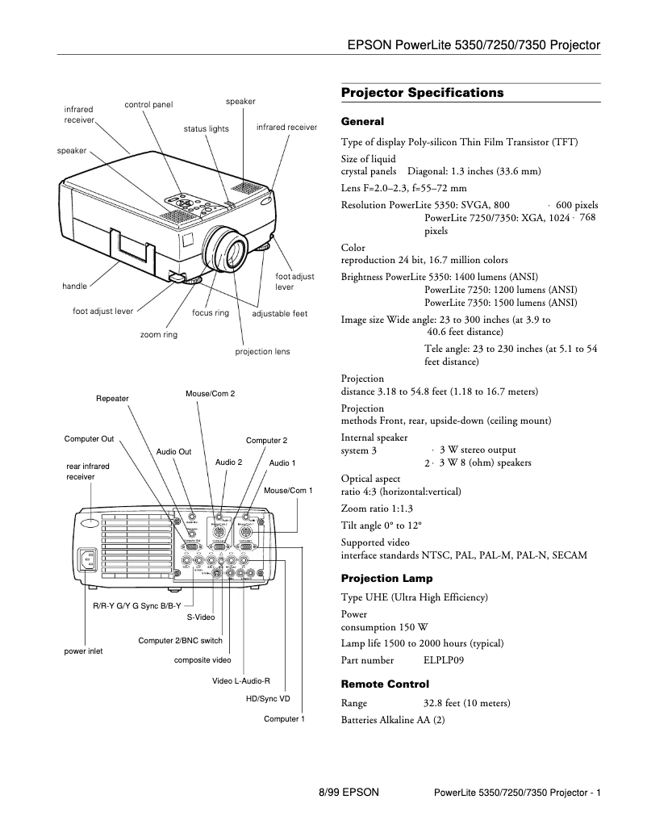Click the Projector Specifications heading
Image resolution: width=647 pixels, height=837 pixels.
click(422, 93)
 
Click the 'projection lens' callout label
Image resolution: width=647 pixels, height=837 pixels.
click(262, 352)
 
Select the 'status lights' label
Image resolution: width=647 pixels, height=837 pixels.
click(206, 129)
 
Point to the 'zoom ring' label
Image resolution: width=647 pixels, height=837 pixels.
click(158, 334)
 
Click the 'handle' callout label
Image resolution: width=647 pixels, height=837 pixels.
click(74, 287)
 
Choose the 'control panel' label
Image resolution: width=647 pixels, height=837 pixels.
click(148, 104)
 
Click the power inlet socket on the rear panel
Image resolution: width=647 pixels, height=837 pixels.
click(86, 559)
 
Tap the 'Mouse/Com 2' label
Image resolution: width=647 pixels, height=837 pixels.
click(210, 393)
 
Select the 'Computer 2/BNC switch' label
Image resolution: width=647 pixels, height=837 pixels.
click(180, 641)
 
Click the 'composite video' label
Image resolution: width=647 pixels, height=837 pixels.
click(202, 660)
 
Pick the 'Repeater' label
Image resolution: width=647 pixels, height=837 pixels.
click(112, 399)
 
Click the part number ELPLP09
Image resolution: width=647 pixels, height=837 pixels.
click(444, 659)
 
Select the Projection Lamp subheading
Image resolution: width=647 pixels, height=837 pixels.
click(386, 579)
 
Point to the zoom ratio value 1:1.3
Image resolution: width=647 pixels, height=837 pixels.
click(395, 508)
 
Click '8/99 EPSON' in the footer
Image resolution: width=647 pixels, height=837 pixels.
click(349, 793)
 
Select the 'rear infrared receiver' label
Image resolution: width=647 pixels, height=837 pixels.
click(88, 471)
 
